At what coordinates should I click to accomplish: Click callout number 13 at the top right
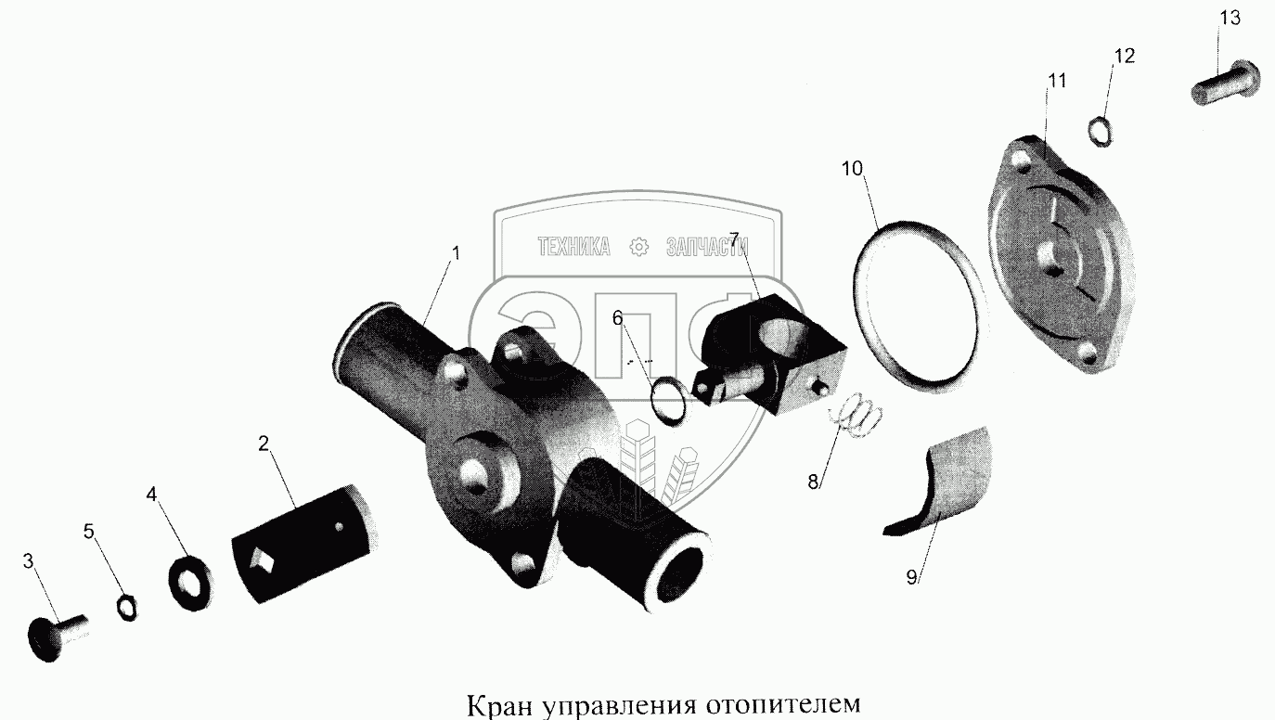[x=1230, y=19]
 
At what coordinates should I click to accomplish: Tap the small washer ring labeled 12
[x=1100, y=131]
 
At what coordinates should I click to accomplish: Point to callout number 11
[x=1057, y=81]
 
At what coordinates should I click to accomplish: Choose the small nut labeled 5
[x=127, y=608]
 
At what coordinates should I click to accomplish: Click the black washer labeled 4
[x=191, y=583]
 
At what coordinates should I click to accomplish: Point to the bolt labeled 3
[x=56, y=638]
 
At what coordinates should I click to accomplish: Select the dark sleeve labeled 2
[x=304, y=544]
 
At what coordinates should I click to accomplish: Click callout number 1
[x=456, y=253]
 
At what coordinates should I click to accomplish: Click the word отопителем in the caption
[x=784, y=704]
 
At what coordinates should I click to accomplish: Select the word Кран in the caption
[x=498, y=704]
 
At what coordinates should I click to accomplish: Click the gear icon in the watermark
[x=638, y=247]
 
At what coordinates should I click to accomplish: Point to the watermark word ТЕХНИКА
[x=573, y=247]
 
